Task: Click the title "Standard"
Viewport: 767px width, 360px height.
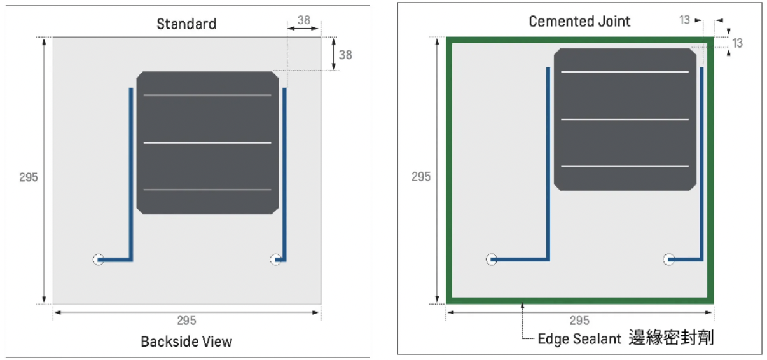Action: [x=186, y=24]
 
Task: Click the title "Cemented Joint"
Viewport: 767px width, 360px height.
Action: [x=579, y=22]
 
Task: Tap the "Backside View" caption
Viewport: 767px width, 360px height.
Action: [x=186, y=342]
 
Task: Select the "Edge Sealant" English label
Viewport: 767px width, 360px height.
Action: [x=579, y=338]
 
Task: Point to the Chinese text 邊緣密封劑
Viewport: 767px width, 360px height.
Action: [x=670, y=338]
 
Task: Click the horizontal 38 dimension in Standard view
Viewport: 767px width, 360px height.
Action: [x=304, y=20]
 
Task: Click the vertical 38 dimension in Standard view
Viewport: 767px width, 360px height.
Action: [x=345, y=55]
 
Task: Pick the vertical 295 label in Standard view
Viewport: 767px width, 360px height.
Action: [x=29, y=177]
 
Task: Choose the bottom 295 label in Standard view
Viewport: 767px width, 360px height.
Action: [x=186, y=321]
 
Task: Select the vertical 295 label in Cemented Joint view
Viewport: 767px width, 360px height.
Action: [x=421, y=177]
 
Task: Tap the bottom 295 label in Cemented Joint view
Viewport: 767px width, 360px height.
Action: [x=579, y=321]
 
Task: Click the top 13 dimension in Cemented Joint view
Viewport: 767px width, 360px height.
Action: [x=684, y=20]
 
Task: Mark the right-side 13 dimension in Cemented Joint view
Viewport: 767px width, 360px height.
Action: [x=737, y=43]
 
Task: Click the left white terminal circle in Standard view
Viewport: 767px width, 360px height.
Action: [x=98, y=260]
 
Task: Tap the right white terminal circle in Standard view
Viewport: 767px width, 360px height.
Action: [x=275, y=260]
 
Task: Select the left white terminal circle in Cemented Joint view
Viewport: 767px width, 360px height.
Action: [x=491, y=260]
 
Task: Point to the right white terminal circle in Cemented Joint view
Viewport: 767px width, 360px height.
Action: [x=668, y=260]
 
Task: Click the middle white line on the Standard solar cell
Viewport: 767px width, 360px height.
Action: [x=207, y=143]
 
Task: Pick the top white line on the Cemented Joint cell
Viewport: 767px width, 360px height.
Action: [x=625, y=72]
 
